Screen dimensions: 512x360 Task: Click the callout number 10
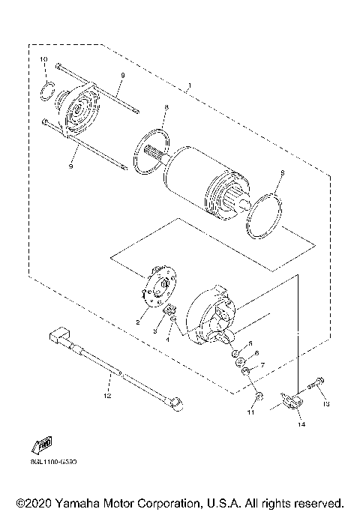[x=43, y=59]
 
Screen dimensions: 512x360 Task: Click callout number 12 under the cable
[x=107, y=394]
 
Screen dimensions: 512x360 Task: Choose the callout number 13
[x=326, y=404]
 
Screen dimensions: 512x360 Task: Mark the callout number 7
[x=262, y=366]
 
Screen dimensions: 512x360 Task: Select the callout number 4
[x=168, y=340]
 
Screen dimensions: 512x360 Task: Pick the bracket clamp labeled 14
[x=292, y=403]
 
